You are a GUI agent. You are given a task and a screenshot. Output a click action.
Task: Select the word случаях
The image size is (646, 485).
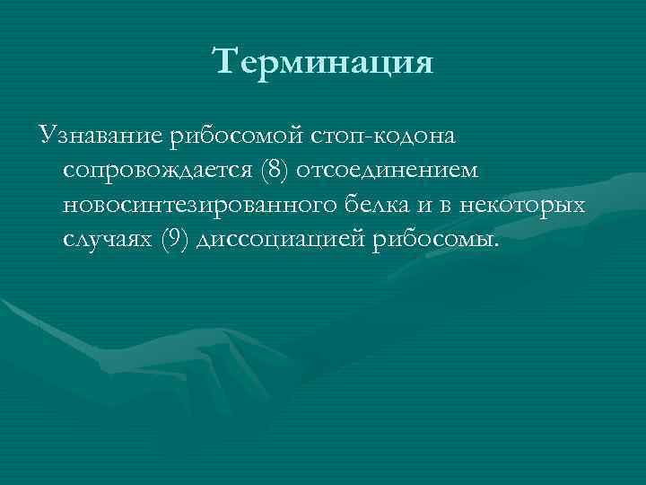tap(107, 240)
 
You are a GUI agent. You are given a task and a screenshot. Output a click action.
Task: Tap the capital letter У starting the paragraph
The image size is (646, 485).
tap(46, 137)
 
